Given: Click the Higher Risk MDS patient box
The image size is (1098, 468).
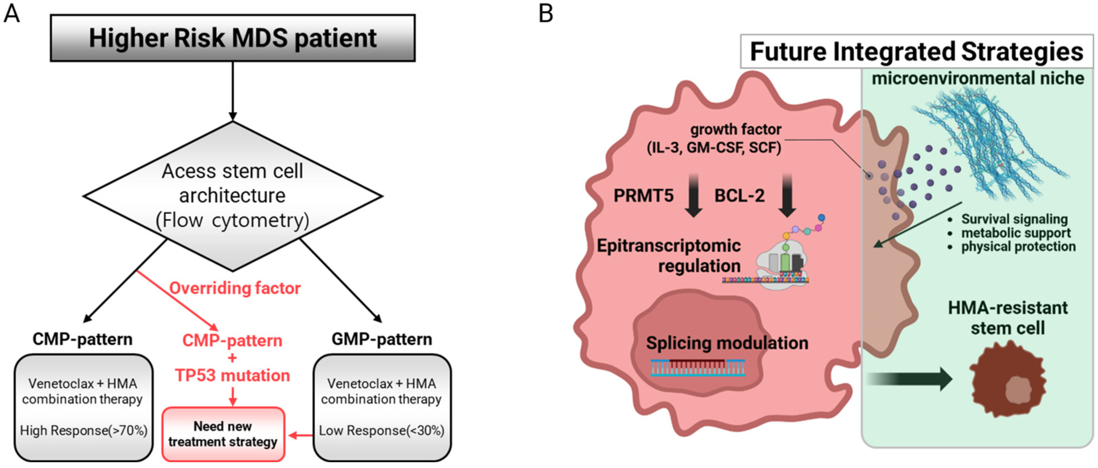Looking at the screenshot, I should pos(232,38).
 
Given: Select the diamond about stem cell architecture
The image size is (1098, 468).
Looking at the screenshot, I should pos(232,196).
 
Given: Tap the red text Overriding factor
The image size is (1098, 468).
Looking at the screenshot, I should pos(235,288).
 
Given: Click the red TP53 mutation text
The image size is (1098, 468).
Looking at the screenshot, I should pos(232,375).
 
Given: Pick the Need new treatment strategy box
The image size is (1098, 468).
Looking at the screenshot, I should pos(223,434).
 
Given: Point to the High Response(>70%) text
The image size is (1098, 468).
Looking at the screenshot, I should pos(84,431).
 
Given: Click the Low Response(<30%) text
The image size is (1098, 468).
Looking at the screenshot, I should pos(381,431).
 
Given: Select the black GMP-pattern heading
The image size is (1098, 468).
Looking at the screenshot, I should pos(381,339).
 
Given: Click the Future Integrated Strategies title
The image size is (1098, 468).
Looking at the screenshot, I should pos(916,52).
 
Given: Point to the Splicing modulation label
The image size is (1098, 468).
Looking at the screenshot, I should pos(727,343).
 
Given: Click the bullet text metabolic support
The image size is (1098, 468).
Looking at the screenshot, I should pos(1015,233).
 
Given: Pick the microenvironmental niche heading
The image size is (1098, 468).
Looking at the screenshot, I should pos(977,78).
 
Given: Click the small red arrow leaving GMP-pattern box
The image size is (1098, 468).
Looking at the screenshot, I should pos(300,436).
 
